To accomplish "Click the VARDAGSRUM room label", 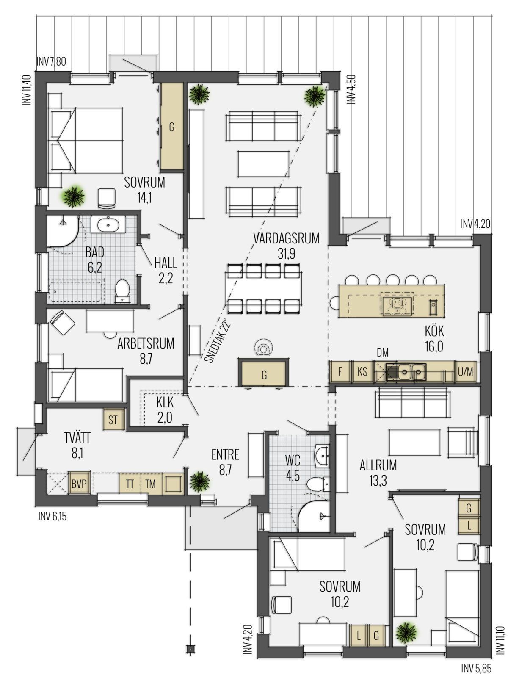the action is click(286, 238).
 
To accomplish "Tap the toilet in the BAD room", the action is click(123, 290).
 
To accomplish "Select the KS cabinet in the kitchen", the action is click(362, 371).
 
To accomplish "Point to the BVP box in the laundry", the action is click(79, 484).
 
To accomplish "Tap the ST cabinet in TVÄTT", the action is click(113, 420).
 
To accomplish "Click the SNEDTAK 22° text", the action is click(217, 342).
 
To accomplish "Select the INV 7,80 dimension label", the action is click(51, 61).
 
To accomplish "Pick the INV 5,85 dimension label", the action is click(476, 668).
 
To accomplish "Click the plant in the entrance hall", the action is click(200, 481).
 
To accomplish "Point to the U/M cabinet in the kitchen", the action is click(466, 372).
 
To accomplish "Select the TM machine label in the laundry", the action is click(150, 484).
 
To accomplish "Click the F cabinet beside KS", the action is click(340, 371).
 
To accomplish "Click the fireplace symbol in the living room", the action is click(264, 348).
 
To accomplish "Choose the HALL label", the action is click(166, 263).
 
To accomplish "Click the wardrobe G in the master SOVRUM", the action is click(172, 126).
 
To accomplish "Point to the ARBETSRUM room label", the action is click(146, 343).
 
